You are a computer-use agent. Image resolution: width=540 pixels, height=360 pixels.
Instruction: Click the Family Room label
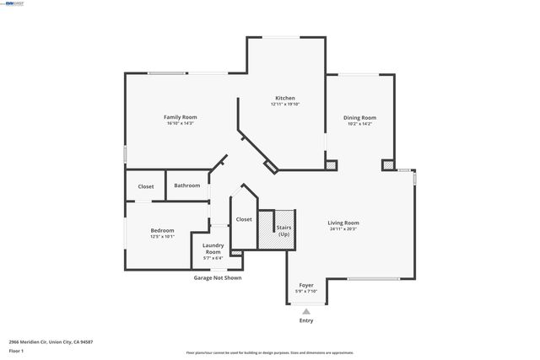(x=179, y=117)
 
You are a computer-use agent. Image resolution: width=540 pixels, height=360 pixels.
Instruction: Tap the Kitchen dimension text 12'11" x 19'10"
(x=285, y=105)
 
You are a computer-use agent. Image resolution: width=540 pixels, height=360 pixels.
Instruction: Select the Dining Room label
(x=359, y=117)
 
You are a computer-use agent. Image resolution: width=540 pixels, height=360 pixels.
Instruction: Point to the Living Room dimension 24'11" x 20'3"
(x=343, y=228)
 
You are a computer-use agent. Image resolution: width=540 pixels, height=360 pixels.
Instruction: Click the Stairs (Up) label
(x=283, y=229)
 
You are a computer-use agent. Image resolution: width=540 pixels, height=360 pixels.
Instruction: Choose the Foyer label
(x=306, y=285)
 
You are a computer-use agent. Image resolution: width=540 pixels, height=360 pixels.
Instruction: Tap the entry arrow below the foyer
(x=306, y=310)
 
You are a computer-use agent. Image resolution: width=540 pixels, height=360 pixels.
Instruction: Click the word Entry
(x=306, y=320)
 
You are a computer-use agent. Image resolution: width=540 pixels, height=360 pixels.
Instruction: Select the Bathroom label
(x=187, y=185)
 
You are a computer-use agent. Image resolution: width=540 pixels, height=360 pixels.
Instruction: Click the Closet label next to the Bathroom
(x=146, y=185)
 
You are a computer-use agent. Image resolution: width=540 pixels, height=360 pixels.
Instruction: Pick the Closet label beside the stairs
(x=244, y=219)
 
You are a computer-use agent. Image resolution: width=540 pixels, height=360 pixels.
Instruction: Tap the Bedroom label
(x=163, y=230)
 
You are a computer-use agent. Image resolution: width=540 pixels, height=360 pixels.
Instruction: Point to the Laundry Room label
(x=213, y=249)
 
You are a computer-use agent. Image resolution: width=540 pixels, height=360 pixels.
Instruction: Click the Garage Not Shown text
(x=218, y=277)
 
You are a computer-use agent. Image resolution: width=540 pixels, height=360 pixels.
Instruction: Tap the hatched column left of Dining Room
(x=332, y=165)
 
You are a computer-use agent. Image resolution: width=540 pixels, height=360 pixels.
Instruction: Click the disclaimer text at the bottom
(x=270, y=353)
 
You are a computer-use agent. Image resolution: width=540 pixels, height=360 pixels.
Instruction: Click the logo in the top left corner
(x=14, y=3)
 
